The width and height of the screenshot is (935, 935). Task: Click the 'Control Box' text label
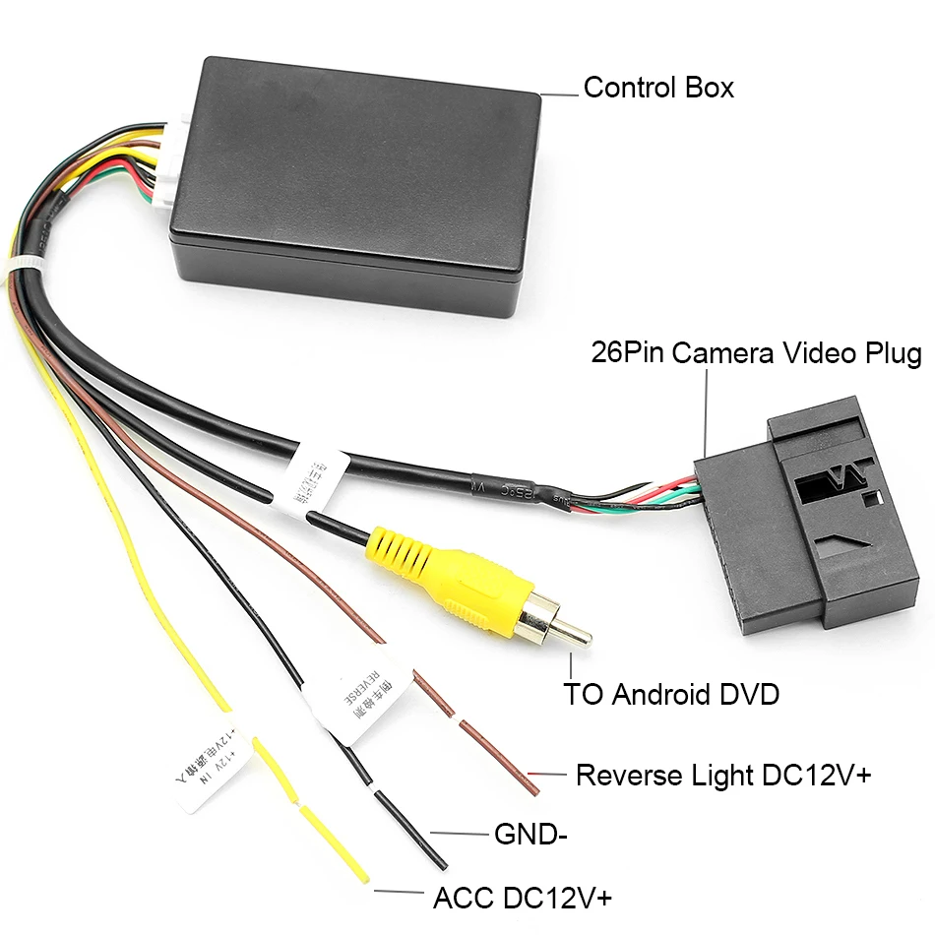pos(658,88)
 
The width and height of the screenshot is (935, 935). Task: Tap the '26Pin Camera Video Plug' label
pos(756,353)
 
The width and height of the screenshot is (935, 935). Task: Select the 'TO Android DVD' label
pos(671,694)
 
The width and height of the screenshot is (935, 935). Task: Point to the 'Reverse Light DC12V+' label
pos(723,775)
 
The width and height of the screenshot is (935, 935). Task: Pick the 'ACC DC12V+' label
pos(523,899)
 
